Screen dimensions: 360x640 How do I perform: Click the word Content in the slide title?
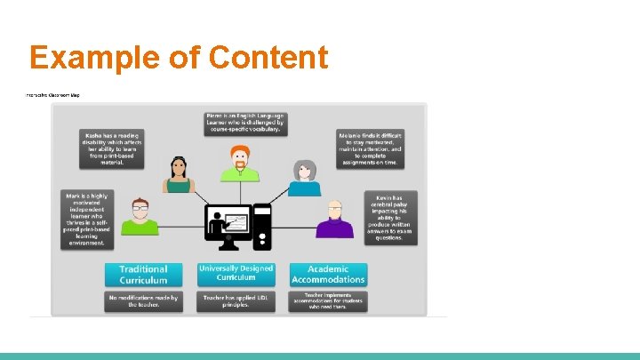click(269, 58)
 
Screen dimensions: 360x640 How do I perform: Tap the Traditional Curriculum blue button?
click(143, 274)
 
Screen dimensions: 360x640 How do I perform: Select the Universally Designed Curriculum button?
click(236, 274)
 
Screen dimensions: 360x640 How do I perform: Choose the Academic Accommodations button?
click(327, 274)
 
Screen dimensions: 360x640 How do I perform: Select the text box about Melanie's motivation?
click(370, 148)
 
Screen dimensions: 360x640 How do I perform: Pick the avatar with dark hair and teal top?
click(178, 176)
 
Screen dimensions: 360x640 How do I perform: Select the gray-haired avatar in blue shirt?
click(304, 178)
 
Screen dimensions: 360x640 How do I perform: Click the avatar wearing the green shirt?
click(140, 218)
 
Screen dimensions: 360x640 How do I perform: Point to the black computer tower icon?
click(262, 227)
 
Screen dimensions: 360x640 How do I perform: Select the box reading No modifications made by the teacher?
click(143, 302)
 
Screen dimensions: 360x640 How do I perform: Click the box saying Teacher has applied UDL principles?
click(236, 302)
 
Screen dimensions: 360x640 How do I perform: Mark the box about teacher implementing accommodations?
click(327, 301)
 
